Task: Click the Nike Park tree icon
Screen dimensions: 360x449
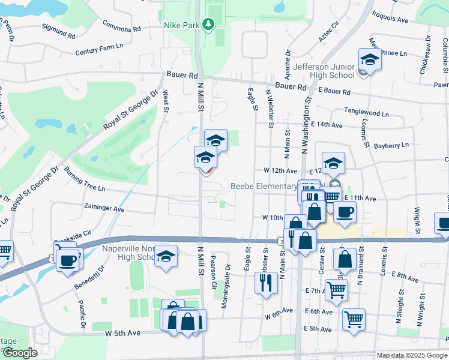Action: [208, 24]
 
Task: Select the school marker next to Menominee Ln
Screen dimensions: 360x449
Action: [368, 61]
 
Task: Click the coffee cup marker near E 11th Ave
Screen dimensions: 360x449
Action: [345, 212]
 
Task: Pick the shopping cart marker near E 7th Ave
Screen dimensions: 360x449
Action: [336, 290]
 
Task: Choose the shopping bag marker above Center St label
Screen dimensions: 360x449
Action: [345, 259]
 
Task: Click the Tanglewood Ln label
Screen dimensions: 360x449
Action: [366, 113]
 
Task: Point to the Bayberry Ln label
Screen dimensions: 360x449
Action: [391, 145]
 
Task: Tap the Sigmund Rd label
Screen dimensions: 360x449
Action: [58, 31]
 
